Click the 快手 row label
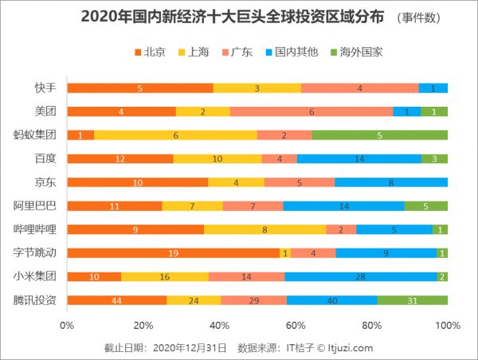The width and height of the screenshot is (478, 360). tap(45, 88)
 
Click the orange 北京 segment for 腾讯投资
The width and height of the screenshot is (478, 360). tap(117, 300)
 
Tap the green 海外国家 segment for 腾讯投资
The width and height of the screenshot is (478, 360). tap(412, 300)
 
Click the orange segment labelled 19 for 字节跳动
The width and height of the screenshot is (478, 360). tap(173, 253)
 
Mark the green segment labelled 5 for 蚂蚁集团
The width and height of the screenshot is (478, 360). tap(379, 135)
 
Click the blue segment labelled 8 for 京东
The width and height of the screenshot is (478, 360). tap(391, 182)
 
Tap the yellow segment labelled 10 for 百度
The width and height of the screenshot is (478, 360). tap(217, 158)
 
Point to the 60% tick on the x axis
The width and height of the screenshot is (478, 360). tap(296, 325)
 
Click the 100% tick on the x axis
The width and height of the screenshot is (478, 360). tap(448, 325)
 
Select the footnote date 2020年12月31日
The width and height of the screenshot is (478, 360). tap(189, 347)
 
